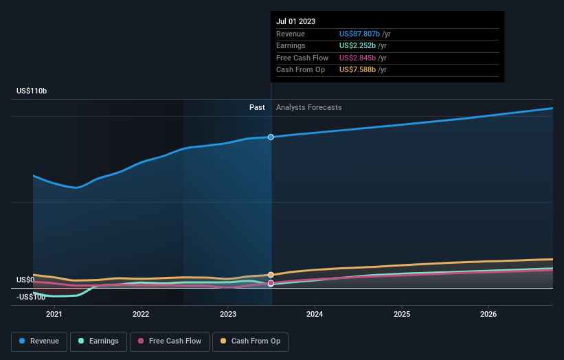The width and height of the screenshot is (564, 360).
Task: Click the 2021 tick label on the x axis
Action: tap(54, 314)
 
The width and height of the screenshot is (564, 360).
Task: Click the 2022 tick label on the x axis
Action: tap(141, 314)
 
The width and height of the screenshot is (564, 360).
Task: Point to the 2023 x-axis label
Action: tap(228, 314)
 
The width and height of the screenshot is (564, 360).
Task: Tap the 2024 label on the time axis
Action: tap(315, 314)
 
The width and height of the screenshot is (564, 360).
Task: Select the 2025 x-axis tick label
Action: tap(402, 314)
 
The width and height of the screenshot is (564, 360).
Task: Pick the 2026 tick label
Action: tap(488, 314)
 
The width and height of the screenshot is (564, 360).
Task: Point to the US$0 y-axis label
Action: tap(25, 280)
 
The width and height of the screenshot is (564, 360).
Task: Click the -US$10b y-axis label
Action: tap(31, 296)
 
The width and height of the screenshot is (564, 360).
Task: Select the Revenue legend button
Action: tap(40, 341)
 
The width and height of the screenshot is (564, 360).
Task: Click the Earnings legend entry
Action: tap(98, 341)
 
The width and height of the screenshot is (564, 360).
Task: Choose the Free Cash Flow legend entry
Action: tap(170, 341)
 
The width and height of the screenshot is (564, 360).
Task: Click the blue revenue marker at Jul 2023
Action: tap(271, 137)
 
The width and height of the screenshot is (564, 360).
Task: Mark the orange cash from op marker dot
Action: tap(271, 275)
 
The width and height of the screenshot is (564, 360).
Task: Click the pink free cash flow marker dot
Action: tap(271, 283)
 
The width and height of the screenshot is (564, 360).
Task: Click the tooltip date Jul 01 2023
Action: tap(295, 22)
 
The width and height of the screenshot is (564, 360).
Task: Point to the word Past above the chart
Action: tap(257, 107)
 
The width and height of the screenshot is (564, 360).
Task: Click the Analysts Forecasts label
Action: tap(308, 107)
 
